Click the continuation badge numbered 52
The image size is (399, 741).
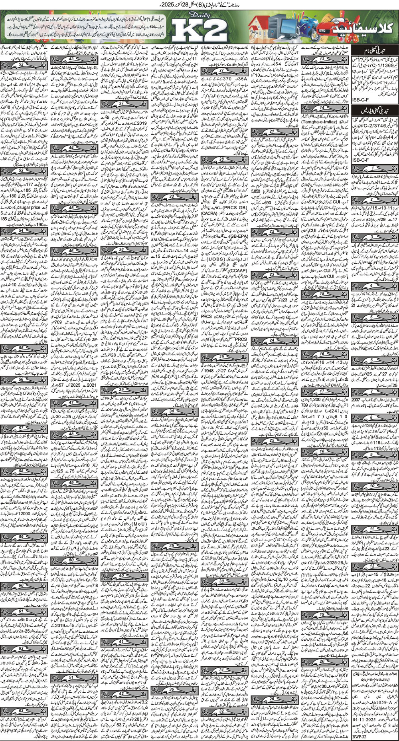pyautogui.click(x=20, y=64)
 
